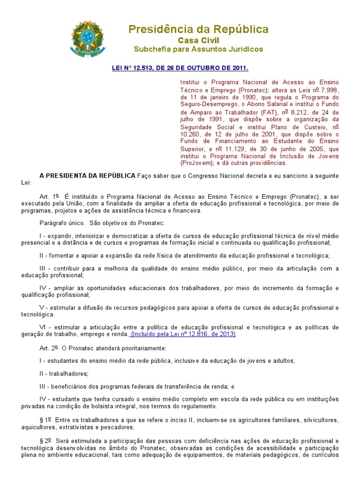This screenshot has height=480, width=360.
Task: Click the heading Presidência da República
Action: pyautogui.click(x=199, y=30)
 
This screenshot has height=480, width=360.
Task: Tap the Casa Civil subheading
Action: pyautogui.click(x=199, y=40)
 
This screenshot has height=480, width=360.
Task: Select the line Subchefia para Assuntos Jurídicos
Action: pyautogui.click(x=199, y=49)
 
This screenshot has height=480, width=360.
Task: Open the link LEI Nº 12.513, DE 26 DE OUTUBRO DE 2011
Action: pyautogui.click(x=180, y=67)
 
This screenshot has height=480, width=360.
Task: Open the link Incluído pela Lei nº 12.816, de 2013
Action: pyautogui.click(x=183, y=334)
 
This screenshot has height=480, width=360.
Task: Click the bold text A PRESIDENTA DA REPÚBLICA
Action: pyautogui.click(x=88, y=175)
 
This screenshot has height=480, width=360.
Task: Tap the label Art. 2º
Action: pyautogui.click(x=49, y=348)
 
